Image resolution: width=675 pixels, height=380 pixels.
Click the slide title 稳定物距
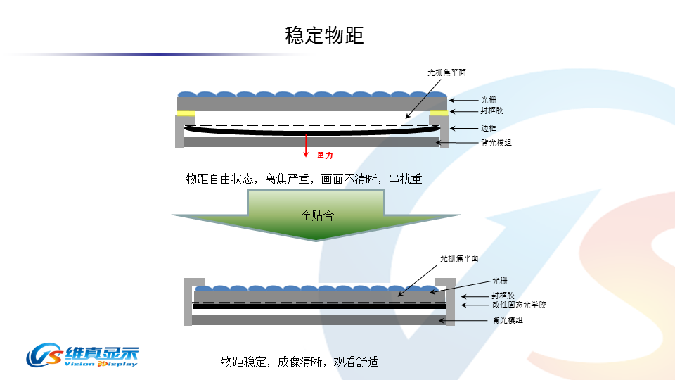(x=324, y=35)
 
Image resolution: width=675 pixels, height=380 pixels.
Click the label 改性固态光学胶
(x=518, y=305)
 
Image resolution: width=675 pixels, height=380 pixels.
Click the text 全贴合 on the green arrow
(x=317, y=215)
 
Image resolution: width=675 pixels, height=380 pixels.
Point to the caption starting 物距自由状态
(x=304, y=179)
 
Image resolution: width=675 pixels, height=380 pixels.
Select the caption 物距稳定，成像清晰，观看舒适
(x=300, y=362)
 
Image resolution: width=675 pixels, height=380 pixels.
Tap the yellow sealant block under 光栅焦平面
(x=439, y=113)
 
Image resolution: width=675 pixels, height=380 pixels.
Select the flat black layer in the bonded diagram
(x=319, y=306)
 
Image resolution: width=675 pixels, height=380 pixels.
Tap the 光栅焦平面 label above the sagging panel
(x=447, y=72)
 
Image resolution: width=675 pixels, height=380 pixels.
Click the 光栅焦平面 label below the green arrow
(x=459, y=258)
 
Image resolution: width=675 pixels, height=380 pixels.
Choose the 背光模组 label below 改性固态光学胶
(x=507, y=320)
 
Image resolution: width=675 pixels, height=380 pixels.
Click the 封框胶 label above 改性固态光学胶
(x=503, y=296)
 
